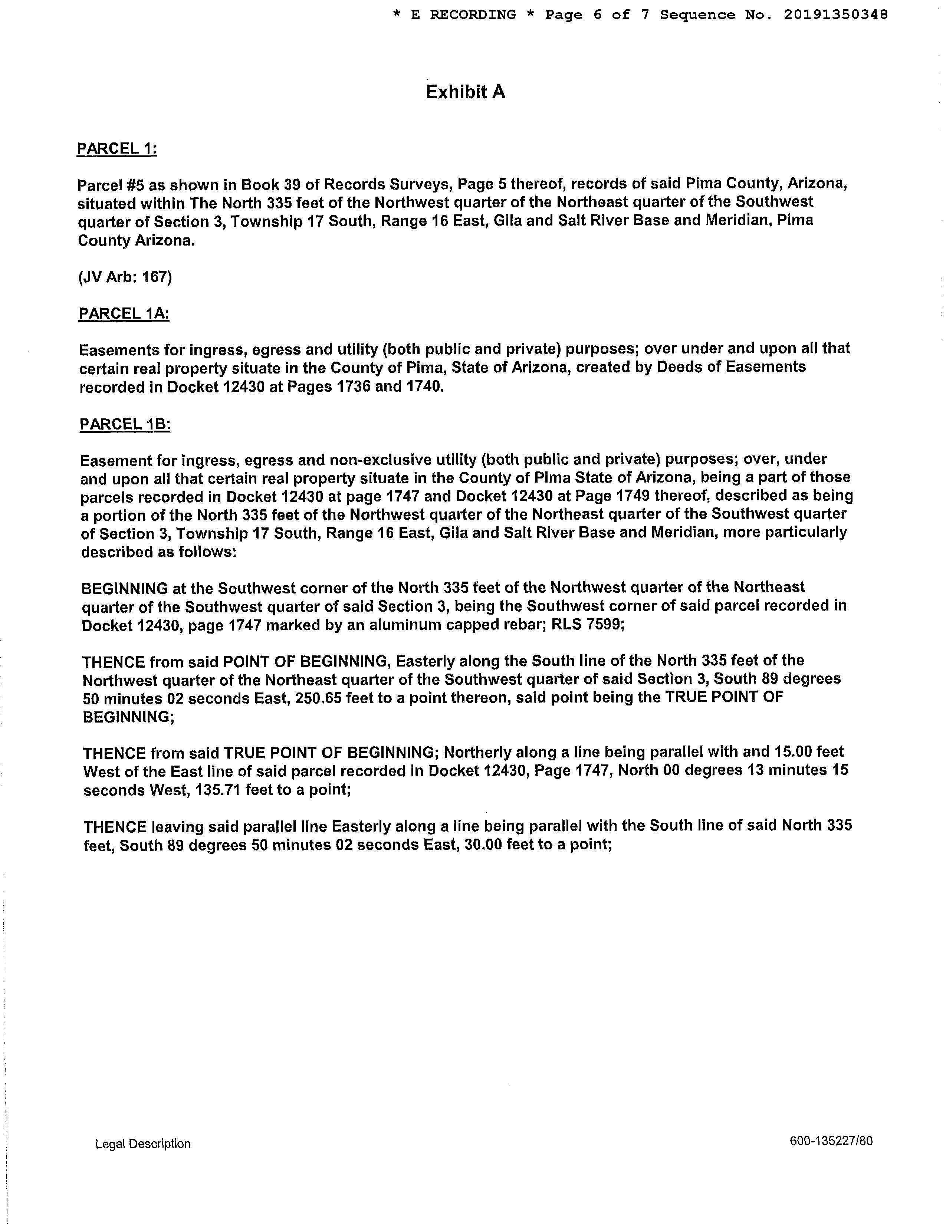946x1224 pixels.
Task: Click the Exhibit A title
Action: point(465,92)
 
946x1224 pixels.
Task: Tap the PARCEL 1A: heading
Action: point(124,313)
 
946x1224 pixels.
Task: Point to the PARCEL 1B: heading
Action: point(125,424)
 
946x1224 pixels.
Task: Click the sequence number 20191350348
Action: point(835,15)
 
